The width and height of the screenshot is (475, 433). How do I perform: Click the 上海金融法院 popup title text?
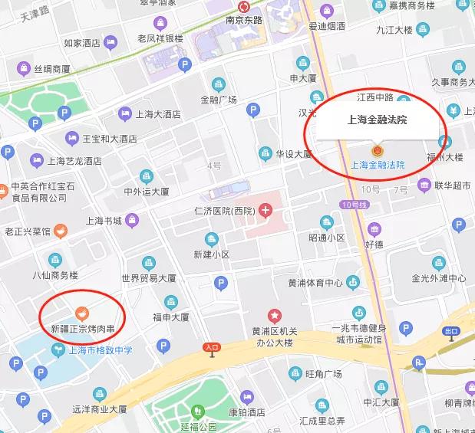pos(377,120)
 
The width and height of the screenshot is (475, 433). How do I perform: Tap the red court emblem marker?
pos(376,150)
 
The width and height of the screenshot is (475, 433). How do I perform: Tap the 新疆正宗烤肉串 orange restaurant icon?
pos(81,313)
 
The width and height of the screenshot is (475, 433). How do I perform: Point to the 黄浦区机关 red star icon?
pos(274,315)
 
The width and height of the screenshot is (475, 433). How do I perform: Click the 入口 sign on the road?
pos(213,347)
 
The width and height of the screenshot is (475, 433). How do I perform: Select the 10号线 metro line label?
pos(357,205)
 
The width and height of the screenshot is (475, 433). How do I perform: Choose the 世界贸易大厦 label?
pos(149,278)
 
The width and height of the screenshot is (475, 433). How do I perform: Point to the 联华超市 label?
pos(452,185)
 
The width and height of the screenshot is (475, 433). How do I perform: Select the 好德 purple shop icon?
pos(374,229)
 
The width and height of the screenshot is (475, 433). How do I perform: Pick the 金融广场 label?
pos(219,100)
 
